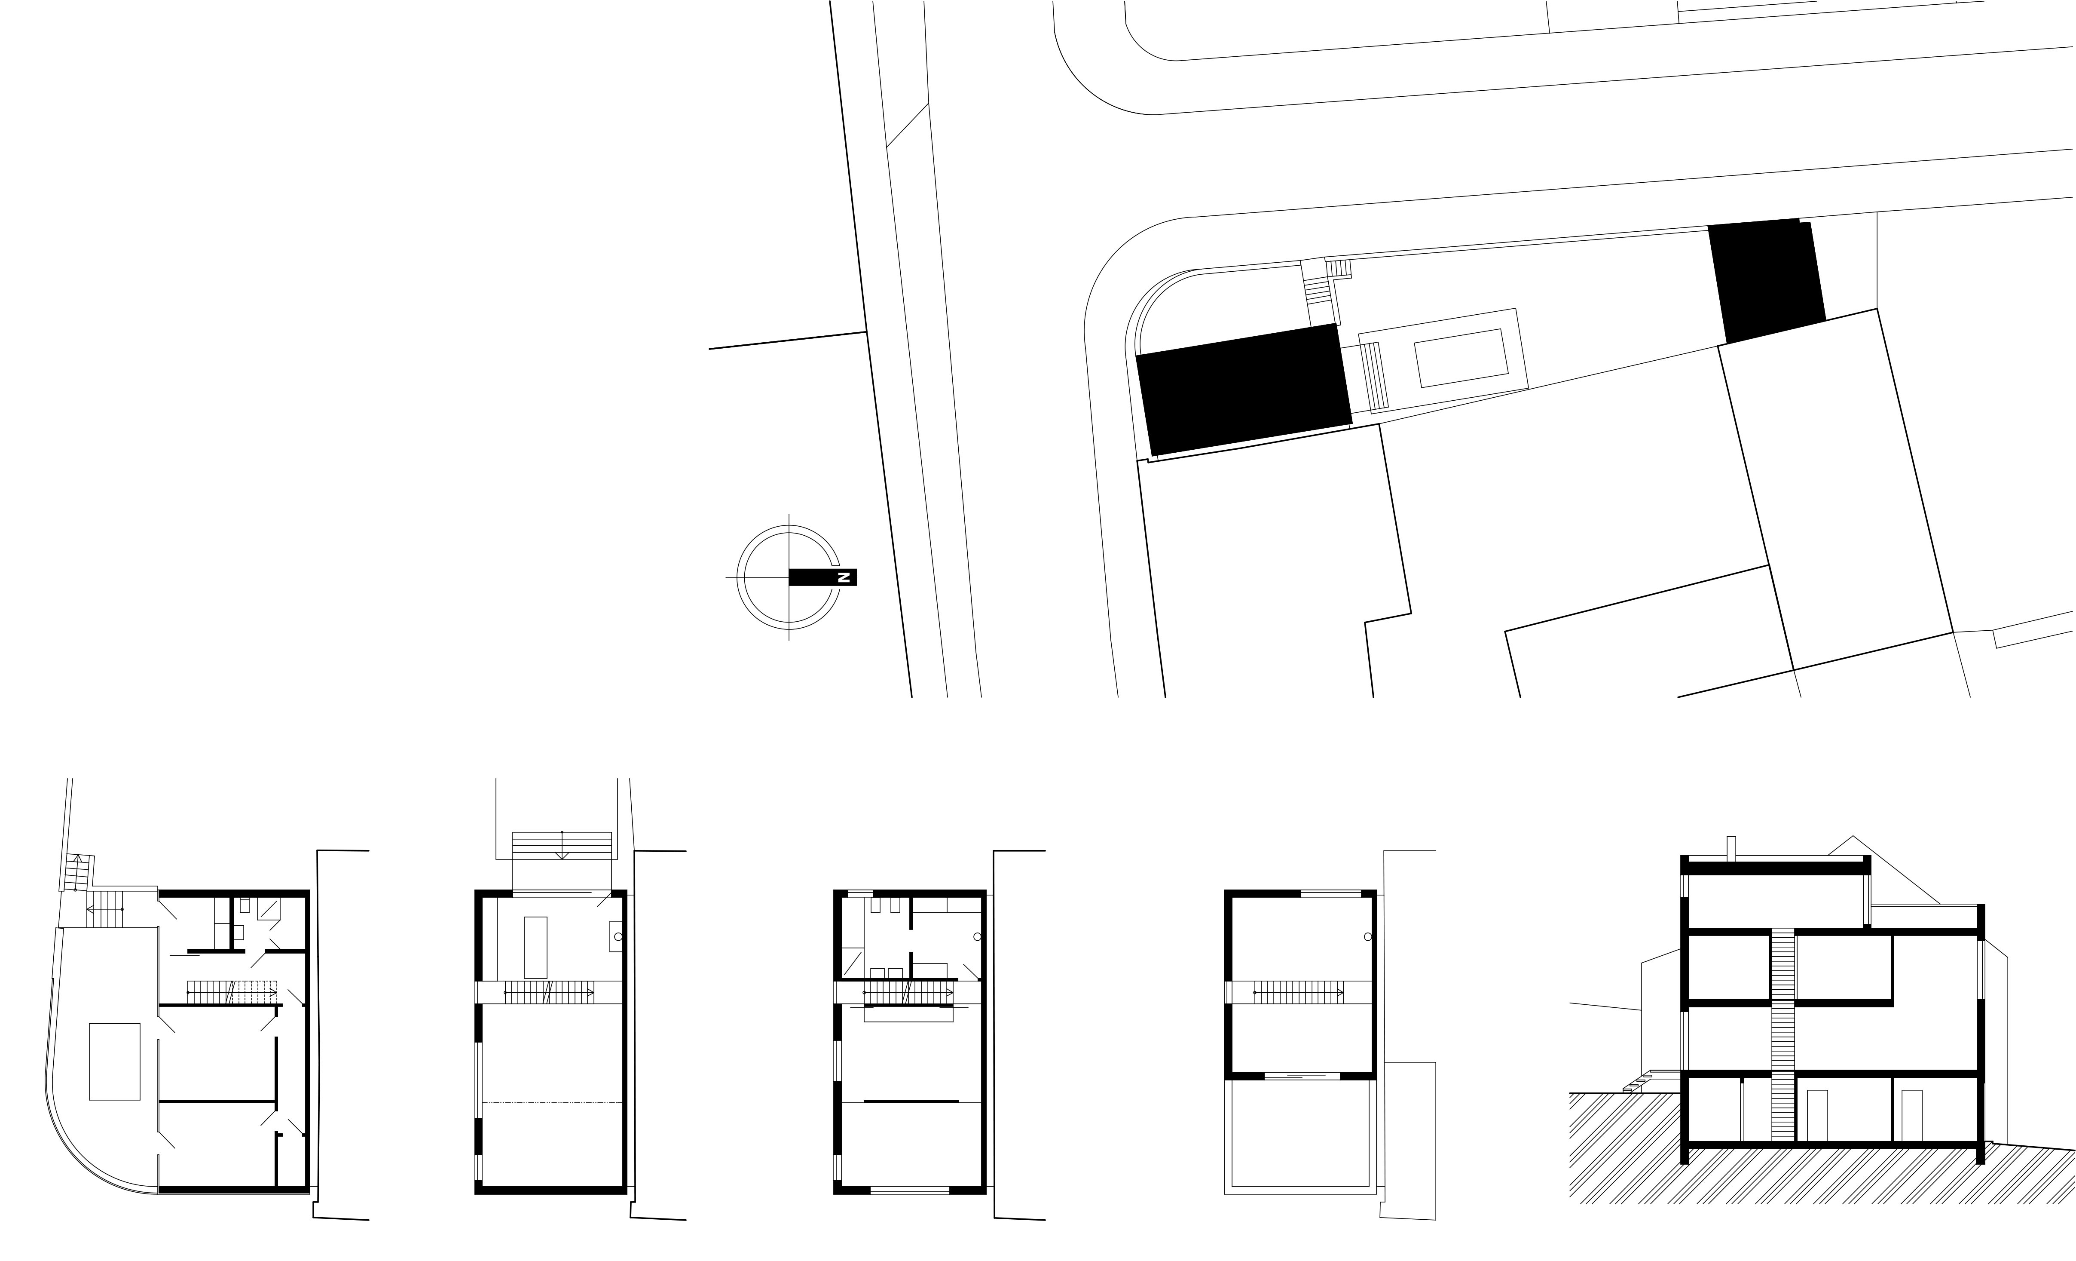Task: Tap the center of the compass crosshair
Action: pos(789,577)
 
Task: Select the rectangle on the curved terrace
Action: pos(115,1061)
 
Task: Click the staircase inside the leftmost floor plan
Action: pos(232,992)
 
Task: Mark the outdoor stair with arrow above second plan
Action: pos(562,845)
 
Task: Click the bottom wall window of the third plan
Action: pos(910,1190)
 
